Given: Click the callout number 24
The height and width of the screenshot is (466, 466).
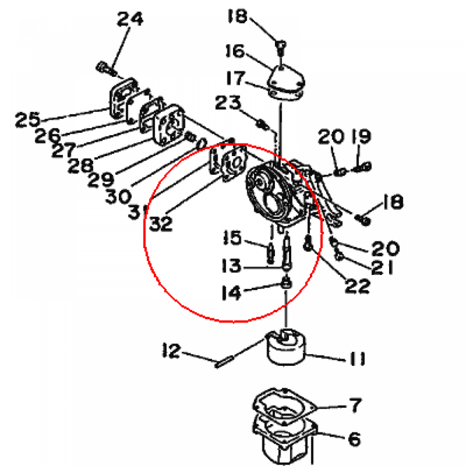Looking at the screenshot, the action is (x=130, y=19).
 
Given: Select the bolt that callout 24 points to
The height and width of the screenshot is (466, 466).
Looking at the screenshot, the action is (x=106, y=68).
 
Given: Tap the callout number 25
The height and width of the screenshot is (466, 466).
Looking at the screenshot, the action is (x=27, y=120).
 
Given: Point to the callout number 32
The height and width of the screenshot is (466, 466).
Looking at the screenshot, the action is (x=161, y=223).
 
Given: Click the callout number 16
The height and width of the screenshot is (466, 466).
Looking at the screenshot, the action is (x=235, y=51).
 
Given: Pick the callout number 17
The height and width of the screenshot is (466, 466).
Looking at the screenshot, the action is (x=235, y=78).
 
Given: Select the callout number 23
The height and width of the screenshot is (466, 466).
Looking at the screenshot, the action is (x=228, y=103).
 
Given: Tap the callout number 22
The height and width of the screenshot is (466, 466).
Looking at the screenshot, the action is (x=358, y=286).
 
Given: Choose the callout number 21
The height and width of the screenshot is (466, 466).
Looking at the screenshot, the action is (x=382, y=268).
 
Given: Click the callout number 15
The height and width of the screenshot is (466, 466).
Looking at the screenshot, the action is (x=232, y=238).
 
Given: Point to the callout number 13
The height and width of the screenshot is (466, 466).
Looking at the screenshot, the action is (x=231, y=265).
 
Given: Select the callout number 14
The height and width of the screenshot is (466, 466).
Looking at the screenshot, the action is (x=231, y=293).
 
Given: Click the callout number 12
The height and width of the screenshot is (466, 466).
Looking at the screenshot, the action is (x=172, y=351).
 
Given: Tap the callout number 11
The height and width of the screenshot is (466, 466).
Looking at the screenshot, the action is (x=357, y=359).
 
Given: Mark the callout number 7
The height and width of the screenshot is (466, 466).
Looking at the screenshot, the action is (x=355, y=405).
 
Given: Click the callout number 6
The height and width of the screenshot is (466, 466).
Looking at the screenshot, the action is (x=355, y=439).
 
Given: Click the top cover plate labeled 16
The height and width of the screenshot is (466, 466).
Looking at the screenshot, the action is (x=286, y=82).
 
